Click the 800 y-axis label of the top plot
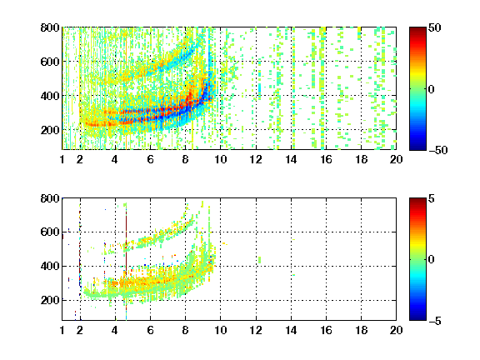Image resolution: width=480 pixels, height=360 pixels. coord(50,27)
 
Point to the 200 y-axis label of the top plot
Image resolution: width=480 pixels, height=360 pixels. coord(50,130)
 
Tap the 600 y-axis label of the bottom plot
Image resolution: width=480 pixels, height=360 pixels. coord(50,232)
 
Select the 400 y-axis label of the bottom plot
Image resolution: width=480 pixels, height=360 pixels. coord(50,266)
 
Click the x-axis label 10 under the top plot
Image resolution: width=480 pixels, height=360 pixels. coord(220,159)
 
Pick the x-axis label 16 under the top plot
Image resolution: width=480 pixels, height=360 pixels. coord(326,159)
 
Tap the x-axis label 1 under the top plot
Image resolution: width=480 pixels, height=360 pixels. coord(62,159)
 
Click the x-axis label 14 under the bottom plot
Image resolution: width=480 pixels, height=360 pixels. coord(291,330)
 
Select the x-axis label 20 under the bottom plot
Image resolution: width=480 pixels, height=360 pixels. coord(396,330)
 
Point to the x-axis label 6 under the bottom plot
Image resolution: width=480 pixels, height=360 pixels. coord(150,330)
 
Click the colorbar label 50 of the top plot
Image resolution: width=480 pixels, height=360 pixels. coord(434,27)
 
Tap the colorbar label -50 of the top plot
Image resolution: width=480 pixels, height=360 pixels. coord(437,150)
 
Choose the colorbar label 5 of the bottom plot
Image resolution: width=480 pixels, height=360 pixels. coord(432,198)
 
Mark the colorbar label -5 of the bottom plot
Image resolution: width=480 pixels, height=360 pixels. coord(435,321)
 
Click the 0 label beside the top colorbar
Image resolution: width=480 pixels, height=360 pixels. coord(432,89)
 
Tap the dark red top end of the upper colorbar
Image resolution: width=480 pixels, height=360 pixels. coord(417,29)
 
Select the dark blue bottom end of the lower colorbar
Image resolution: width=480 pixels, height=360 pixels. coord(417,318)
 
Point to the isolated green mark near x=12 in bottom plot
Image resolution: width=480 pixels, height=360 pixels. coord(260,260)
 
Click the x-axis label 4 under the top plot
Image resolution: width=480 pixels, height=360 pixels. coord(115,159)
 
